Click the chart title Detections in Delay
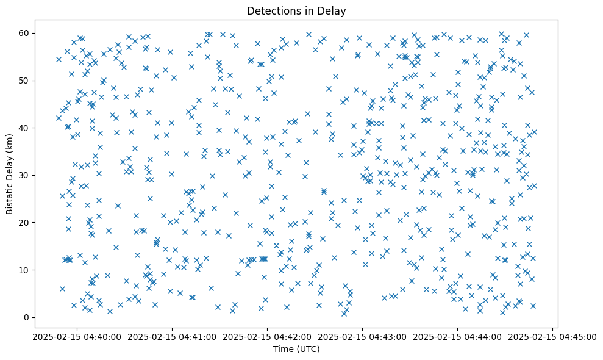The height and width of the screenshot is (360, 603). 296,10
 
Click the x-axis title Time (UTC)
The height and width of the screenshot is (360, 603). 296,350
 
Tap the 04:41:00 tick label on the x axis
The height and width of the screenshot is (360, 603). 171,336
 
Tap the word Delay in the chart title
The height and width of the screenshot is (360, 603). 334,10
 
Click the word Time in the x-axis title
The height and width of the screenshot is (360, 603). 283,350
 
